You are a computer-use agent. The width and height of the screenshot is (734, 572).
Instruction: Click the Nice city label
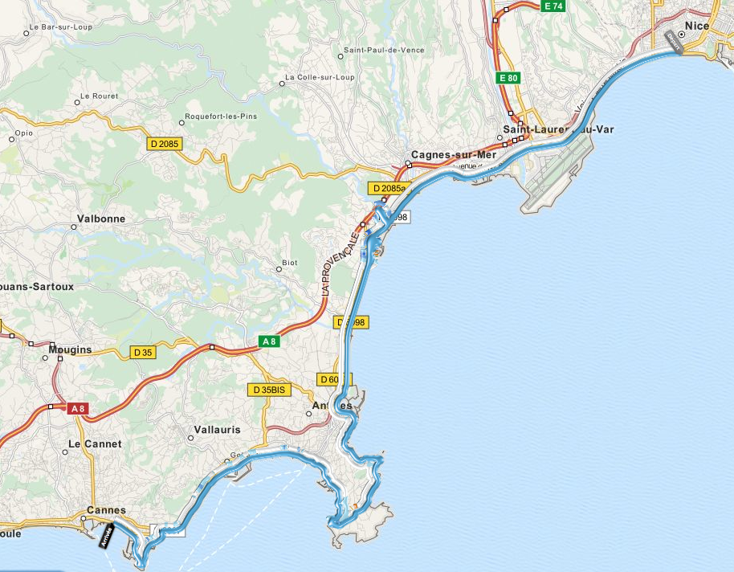[697, 26]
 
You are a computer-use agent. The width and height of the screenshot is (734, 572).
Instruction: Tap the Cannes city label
[106, 510]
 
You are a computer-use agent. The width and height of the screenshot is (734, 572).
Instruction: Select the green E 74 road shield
[553, 6]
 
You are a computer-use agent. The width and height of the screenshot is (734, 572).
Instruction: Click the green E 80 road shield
[508, 78]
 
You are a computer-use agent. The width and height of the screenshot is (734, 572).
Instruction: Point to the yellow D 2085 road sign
[165, 144]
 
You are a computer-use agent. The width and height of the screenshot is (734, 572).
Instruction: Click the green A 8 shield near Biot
[270, 341]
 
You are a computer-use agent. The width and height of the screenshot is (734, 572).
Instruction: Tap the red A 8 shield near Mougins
[77, 409]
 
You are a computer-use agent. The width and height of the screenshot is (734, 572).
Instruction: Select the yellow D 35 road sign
[143, 352]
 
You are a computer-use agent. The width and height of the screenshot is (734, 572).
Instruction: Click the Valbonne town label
[100, 219]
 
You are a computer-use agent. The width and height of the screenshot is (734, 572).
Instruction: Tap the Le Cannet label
[95, 443]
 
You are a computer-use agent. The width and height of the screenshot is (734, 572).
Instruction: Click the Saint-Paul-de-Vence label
[384, 50]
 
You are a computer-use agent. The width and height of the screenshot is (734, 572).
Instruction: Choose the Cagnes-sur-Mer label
[444, 154]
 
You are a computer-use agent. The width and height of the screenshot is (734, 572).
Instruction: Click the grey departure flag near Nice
[673, 42]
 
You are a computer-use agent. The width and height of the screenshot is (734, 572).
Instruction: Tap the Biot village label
[290, 263]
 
